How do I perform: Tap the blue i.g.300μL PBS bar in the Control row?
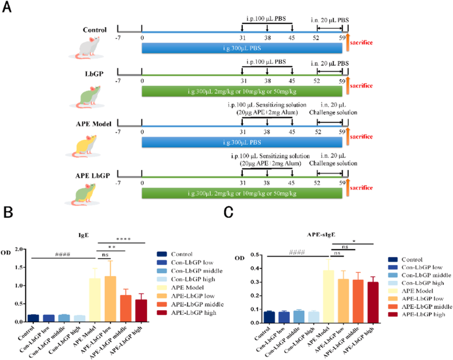(242, 48)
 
